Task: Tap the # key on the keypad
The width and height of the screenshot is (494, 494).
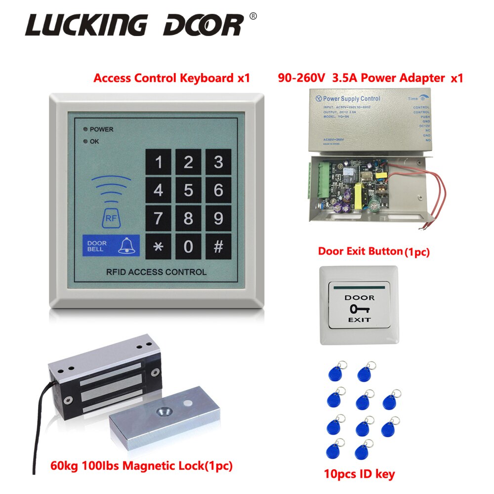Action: (x=218, y=247)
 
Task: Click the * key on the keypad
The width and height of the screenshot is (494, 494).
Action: (x=158, y=247)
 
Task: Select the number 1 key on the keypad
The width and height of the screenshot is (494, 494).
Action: (x=158, y=162)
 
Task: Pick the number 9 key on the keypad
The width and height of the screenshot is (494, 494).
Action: (x=218, y=218)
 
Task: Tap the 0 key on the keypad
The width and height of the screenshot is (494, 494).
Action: (x=188, y=247)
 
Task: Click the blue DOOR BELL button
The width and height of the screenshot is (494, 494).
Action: (x=111, y=247)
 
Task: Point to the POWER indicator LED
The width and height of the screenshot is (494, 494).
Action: (x=85, y=129)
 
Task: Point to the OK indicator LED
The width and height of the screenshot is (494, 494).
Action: (x=85, y=141)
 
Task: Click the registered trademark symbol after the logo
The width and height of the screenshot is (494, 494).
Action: (x=253, y=16)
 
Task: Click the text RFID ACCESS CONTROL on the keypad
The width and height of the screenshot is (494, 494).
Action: (x=156, y=272)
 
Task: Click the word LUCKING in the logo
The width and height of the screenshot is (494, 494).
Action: (x=86, y=25)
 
